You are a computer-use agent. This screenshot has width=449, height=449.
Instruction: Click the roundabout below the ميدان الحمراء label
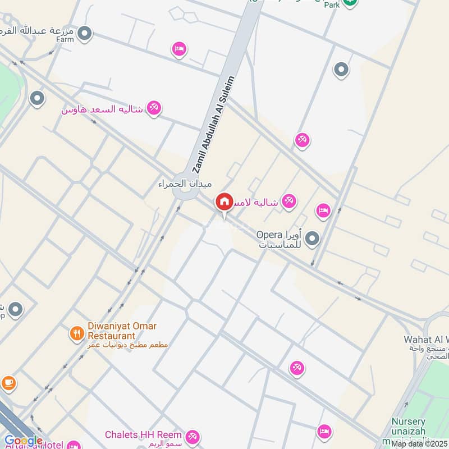[x=185, y=194]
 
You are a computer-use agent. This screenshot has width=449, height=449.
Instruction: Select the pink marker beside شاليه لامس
[x=289, y=200]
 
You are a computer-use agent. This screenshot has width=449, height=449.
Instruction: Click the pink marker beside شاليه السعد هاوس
[x=153, y=107]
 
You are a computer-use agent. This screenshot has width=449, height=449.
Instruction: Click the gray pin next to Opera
[x=312, y=239]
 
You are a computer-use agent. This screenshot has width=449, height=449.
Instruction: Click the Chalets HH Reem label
[x=144, y=435]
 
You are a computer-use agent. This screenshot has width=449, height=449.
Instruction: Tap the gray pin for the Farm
[x=85, y=34]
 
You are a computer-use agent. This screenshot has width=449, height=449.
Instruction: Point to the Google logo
[x=23, y=441]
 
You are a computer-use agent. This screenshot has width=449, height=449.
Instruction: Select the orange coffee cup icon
[x=8, y=382]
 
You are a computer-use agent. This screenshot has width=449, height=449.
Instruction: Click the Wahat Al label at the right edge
[x=427, y=340]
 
